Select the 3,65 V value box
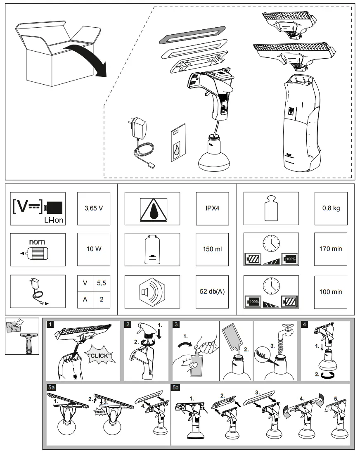coord(94,208)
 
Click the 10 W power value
coord(94,249)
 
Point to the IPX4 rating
coord(212,208)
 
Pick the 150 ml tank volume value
coord(212,249)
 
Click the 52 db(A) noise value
coord(212,292)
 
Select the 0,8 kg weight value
coord(331,208)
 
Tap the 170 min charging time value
coord(331,249)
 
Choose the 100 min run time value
coord(331,292)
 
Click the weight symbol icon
coord(271,208)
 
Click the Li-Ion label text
coord(54,220)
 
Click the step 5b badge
coord(176,388)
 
